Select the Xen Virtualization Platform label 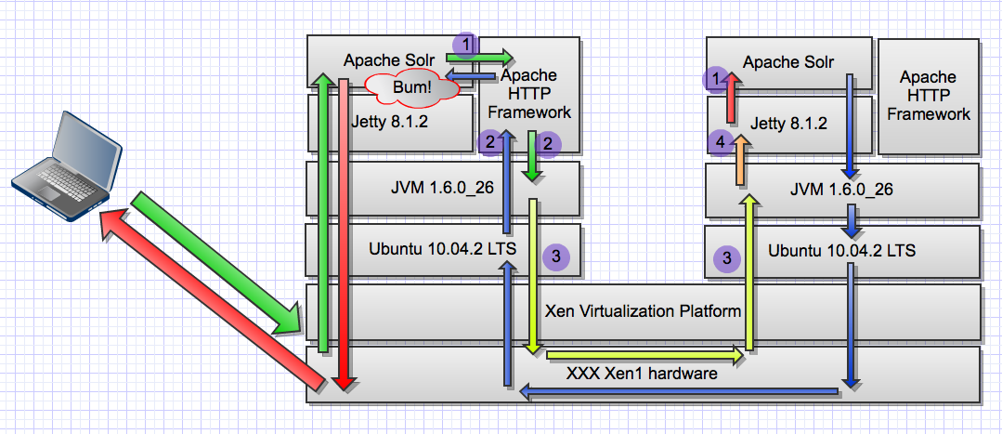point(643,310)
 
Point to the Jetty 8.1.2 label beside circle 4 point(789,122)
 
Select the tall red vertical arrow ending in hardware point(343,232)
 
